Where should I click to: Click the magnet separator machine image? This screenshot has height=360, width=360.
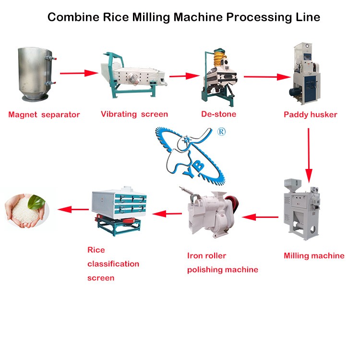click(x=37, y=74)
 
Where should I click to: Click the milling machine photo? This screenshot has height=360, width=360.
click(x=301, y=209)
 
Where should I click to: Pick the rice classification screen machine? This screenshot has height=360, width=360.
click(x=119, y=211)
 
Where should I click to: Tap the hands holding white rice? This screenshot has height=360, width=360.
click(x=27, y=211)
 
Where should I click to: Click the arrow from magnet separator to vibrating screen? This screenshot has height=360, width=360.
click(x=79, y=73)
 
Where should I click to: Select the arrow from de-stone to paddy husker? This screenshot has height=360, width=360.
click(x=267, y=77)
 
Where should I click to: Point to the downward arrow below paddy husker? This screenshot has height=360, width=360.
click(x=309, y=155)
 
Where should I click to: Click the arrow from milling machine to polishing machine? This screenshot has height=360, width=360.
click(x=260, y=217)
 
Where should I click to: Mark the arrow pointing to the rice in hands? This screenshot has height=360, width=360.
click(x=73, y=209)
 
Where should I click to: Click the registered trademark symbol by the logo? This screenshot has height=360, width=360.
click(x=221, y=132)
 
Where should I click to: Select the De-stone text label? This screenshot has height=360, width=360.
click(x=218, y=114)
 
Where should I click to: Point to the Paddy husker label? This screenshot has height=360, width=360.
click(x=311, y=115)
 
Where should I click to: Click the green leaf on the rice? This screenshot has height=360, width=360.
click(x=37, y=202)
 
